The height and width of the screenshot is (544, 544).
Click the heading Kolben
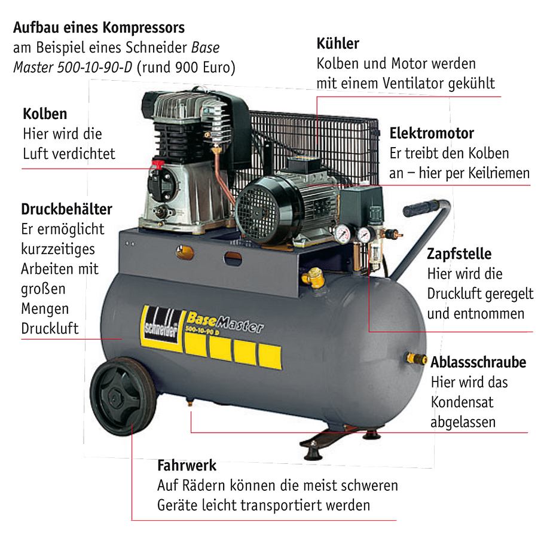[45, 114]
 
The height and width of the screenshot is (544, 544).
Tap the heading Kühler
[338, 44]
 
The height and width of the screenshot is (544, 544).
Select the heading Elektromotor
[432, 133]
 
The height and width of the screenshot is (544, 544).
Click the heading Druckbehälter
[66, 209]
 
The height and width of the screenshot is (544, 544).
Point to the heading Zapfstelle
[459, 253]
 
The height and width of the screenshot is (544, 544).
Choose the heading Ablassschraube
[478, 362]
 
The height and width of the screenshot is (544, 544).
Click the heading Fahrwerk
[187, 465]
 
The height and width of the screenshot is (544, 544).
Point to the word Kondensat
[462, 402]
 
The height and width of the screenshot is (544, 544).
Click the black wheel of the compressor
[123, 396]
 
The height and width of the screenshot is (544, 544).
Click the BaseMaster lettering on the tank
[225, 322]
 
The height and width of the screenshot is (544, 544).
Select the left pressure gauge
[343, 234]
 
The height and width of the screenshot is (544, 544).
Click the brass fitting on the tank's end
[416, 359]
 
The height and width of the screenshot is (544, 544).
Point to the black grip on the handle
[420, 209]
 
